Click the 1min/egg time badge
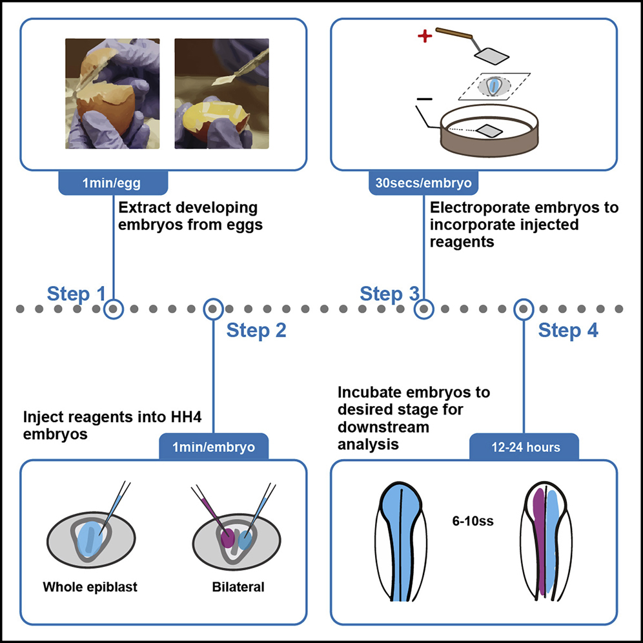[x=113, y=183]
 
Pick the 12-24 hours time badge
[x=522, y=446]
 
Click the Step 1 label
[x=76, y=294]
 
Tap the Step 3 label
[x=389, y=294]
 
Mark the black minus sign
[x=424, y=99]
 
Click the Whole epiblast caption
[x=90, y=587]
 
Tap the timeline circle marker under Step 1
[x=113, y=309]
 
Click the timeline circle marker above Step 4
[x=522, y=309]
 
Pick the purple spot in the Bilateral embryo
[x=227, y=536]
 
